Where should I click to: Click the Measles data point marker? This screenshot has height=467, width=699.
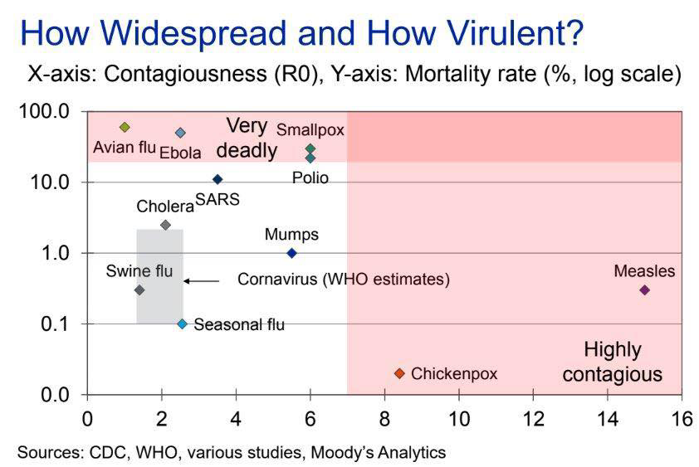[644, 289]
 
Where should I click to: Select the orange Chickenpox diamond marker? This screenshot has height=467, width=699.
[399, 374]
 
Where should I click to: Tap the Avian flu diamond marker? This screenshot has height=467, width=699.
[125, 127]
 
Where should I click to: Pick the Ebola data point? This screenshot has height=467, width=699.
[180, 133]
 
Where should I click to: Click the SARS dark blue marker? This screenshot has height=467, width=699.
[218, 179]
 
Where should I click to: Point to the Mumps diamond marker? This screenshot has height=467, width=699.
[291, 253]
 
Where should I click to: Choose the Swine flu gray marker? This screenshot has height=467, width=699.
[139, 289]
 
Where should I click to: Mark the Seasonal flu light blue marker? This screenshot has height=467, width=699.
[182, 324]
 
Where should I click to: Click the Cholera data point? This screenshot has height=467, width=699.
[165, 225]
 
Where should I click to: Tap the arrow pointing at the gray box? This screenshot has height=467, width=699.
[202, 281]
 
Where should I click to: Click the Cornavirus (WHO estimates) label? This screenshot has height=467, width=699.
[344, 280]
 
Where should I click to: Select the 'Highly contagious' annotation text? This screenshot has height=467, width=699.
[613, 362]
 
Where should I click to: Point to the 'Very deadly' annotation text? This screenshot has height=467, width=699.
[247, 139]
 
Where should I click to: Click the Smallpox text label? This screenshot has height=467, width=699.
[310, 129]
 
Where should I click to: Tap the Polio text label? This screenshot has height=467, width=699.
[310, 178]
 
